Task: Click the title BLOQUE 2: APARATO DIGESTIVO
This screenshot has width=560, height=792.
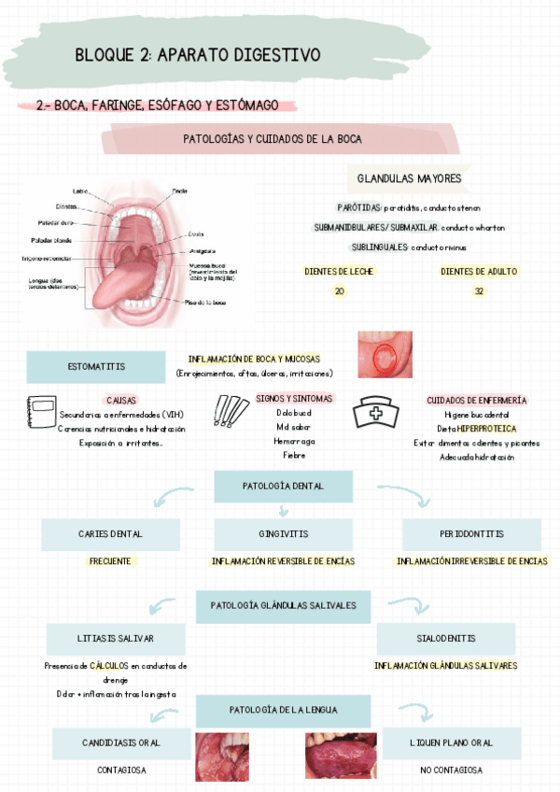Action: (197, 56)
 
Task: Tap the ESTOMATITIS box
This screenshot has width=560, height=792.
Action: (96, 366)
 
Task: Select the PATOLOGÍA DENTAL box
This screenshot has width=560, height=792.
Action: (283, 487)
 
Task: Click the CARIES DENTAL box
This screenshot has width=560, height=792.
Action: (110, 534)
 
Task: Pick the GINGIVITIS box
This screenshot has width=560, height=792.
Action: (283, 534)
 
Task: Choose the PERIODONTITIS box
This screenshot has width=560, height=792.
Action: (471, 534)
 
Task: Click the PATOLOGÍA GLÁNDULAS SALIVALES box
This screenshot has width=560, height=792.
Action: (283, 605)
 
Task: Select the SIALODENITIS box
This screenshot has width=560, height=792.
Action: (445, 639)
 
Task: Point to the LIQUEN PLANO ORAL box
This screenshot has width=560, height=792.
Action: (451, 743)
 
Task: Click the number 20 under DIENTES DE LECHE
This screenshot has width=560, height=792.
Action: (339, 291)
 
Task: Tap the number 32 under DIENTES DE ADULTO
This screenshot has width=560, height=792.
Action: (479, 291)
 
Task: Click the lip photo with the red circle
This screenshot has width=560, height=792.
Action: (385, 355)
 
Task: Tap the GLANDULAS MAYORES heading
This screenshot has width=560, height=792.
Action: (409, 178)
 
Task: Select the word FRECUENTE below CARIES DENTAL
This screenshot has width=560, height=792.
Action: (110, 561)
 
